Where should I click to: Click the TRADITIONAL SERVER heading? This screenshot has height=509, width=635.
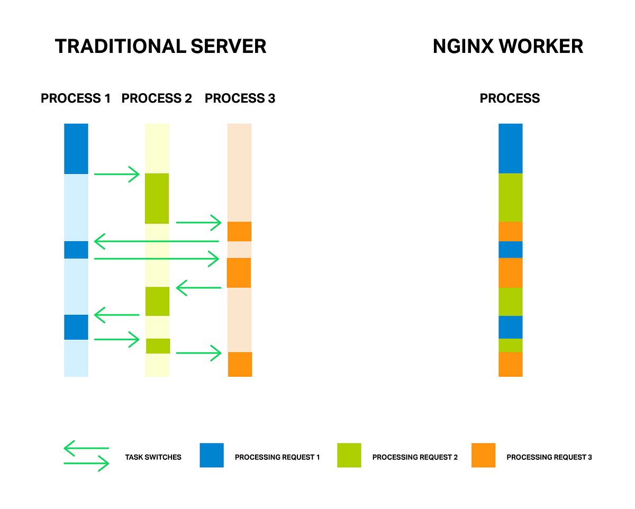[x=160, y=47]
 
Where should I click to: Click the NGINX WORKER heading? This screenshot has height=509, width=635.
[x=507, y=47]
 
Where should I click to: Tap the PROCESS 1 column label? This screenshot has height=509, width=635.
[x=76, y=98]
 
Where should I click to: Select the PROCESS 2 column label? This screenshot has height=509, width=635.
[x=157, y=98]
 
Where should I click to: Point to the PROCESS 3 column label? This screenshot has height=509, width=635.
[x=240, y=98]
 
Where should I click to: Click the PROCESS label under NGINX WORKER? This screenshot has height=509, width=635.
[x=510, y=98]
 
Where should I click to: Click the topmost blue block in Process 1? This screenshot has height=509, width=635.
[x=76, y=149]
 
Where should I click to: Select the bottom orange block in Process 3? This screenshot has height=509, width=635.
[x=240, y=364]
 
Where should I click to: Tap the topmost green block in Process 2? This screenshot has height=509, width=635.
[x=157, y=198]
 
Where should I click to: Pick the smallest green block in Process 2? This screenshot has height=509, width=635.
[x=158, y=346]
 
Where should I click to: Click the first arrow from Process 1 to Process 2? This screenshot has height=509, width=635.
[x=116, y=174]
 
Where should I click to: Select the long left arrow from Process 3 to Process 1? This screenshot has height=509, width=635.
[x=157, y=241]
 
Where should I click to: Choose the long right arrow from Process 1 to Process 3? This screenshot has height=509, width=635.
[x=157, y=259]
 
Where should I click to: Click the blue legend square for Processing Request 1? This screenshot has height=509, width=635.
[x=212, y=455]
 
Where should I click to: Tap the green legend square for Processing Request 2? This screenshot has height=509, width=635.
[x=349, y=455]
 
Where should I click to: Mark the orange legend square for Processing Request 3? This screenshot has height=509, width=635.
[x=483, y=455]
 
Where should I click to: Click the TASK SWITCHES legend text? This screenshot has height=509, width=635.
[x=153, y=457]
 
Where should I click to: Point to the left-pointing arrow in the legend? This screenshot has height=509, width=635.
[x=86, y=449]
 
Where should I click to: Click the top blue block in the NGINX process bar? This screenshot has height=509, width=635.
[x=510, y=149]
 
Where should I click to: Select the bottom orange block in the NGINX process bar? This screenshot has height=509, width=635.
[x=510, y=364]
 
